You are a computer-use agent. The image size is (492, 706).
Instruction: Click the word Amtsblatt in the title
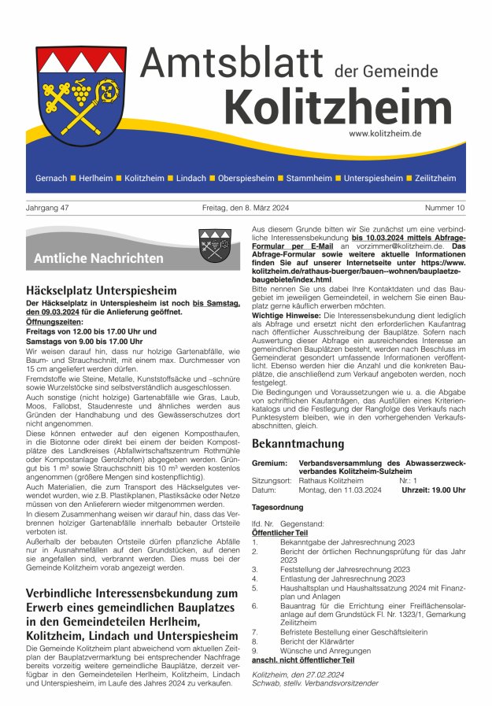pyautogui.click(x=233, y=62)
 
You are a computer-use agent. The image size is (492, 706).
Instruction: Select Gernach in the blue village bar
pyautogui.click(x=51, y=178)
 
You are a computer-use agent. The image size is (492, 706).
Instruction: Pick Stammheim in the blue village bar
pyautogui.click(x=309, y=178)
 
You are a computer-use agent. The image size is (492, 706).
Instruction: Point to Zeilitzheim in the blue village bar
pyautogui.click(x=435, y=178)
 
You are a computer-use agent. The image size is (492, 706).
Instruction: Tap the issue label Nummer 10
pyautogui.click(x=445, y=208)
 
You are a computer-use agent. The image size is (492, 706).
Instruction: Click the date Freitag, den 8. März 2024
pyautogui.click(x=246, y=208)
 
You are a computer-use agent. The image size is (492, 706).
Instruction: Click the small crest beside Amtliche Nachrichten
pyautogui.click(x=213, y=244)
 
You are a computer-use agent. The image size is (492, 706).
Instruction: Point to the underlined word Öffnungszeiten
pyautogui.click(x=57, y=322)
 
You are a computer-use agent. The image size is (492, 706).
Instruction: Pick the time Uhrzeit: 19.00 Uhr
pyautogui.click(x=433, y=490)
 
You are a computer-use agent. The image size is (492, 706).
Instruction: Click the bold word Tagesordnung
pyautogui.click(x=276, y=508)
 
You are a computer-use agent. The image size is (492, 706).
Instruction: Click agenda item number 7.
pyautogui.click(x=255, y=631)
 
